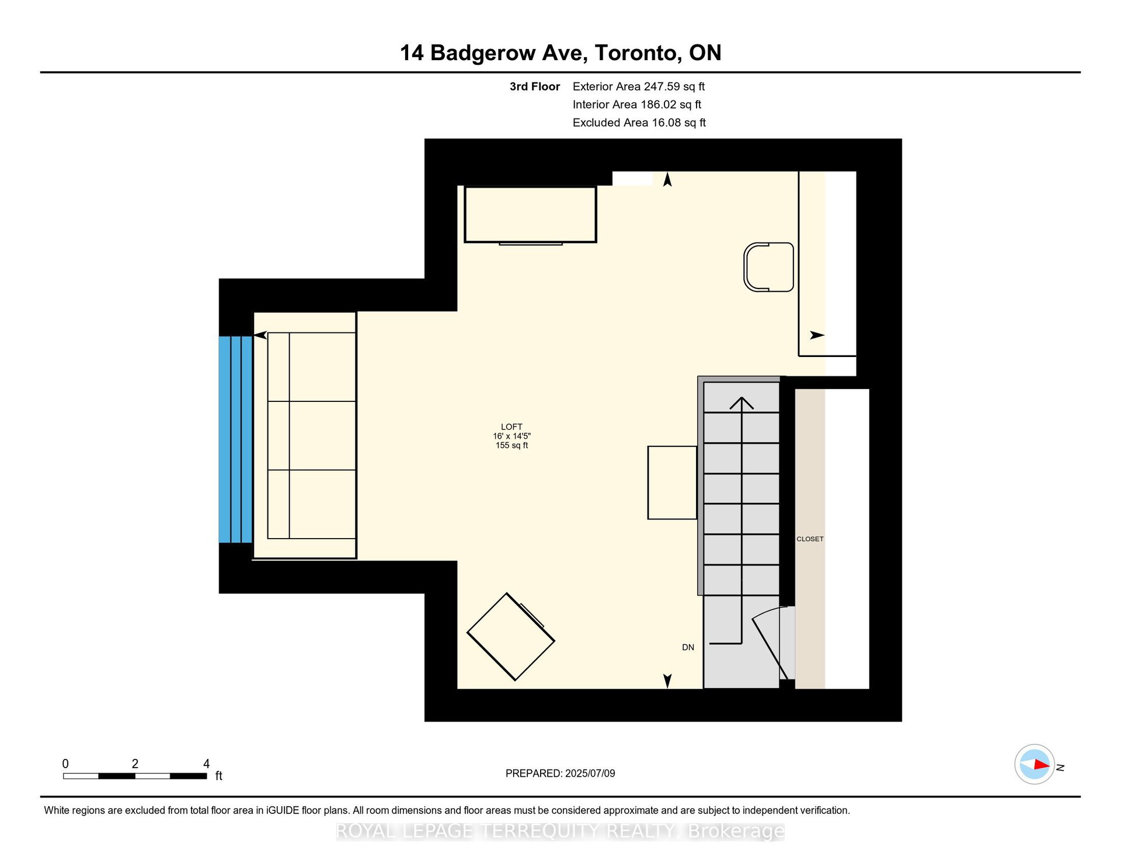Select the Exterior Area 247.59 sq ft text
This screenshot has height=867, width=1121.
pos(639,86)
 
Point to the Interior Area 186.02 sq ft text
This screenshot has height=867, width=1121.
pos(637,105)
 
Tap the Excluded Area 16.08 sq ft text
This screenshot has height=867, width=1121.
pos(639,123)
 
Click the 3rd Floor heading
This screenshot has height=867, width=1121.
pos(535,86)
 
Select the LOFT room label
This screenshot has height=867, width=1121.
pos(511,427)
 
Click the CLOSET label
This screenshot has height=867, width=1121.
pos(810,539)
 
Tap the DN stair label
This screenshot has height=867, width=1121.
pos(688,647)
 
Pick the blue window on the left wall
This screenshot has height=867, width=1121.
pos(235,439)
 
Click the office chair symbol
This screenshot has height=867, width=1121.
pos(768,267)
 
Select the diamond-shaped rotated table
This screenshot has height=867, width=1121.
pos(511,637)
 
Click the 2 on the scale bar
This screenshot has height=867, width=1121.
pos(135,764)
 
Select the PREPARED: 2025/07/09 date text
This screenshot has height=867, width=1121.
pos(560,774)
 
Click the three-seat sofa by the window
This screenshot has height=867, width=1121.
pos(312,436)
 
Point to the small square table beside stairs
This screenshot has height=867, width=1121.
pos(673,483)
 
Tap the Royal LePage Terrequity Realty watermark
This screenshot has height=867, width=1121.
pos(560,831)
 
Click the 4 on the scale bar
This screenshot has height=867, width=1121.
pos(206,764)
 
